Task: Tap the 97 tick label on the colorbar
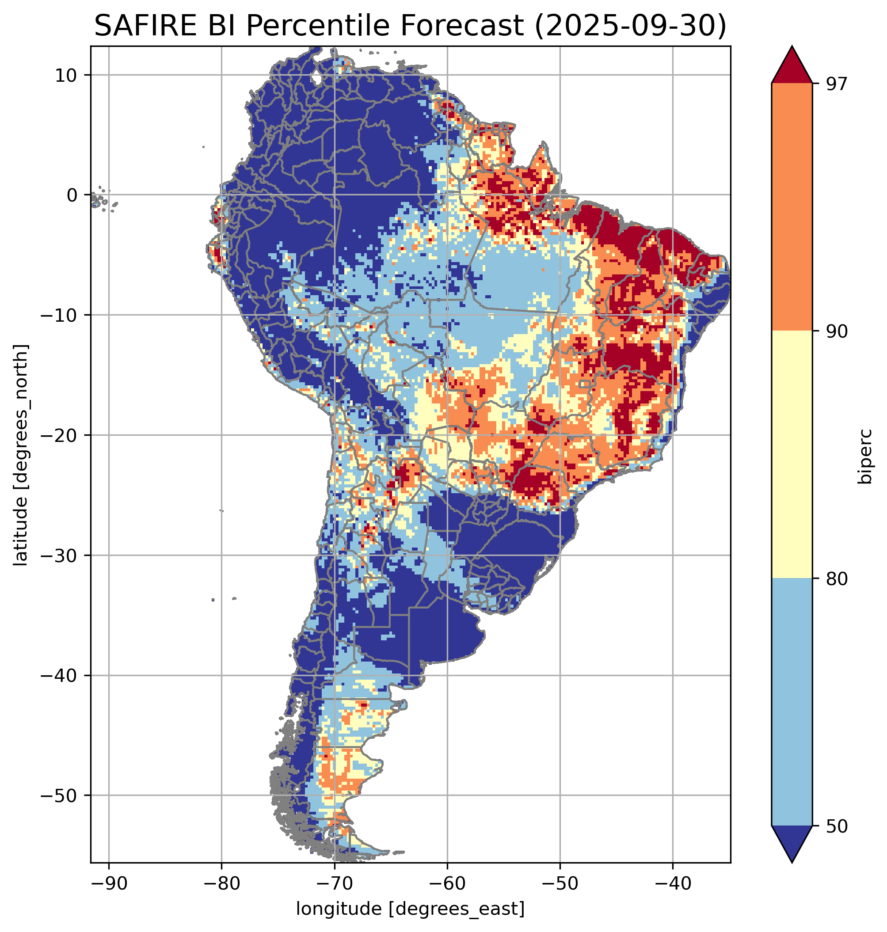835,84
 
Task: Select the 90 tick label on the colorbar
835,331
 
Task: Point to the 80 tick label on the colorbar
835,579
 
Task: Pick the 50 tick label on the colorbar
835,826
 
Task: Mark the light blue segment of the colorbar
792,702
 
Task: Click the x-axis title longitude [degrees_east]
411,909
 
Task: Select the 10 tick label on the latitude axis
66,75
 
